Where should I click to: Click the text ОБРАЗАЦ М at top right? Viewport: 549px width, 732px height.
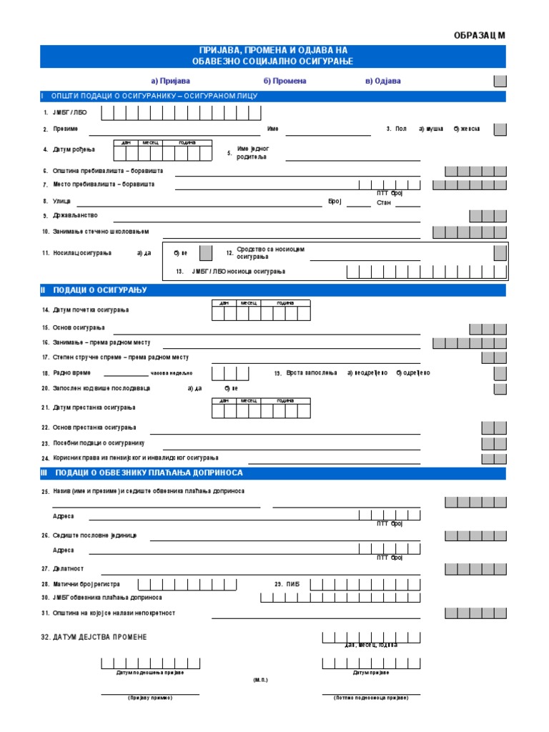[x=480, y=35]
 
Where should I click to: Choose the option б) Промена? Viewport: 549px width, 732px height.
[x=285, y=81]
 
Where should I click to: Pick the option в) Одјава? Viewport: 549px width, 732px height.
[x=383, y=81]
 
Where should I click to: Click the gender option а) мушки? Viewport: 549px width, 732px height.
[x=431, y=129]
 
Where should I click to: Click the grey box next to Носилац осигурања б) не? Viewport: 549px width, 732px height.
[x=205, y=252]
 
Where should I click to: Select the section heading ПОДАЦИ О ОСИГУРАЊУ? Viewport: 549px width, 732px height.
[x=100, y=290]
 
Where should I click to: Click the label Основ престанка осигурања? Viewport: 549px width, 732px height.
[x=94, y=427]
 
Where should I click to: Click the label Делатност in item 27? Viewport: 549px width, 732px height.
[x=68, y=569]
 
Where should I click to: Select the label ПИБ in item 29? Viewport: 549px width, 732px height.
[x=293, y=585]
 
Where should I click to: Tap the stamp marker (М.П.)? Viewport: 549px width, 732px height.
[x=260, y=681]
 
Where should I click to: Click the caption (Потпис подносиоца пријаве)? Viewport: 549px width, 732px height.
[x=371, y=698]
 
